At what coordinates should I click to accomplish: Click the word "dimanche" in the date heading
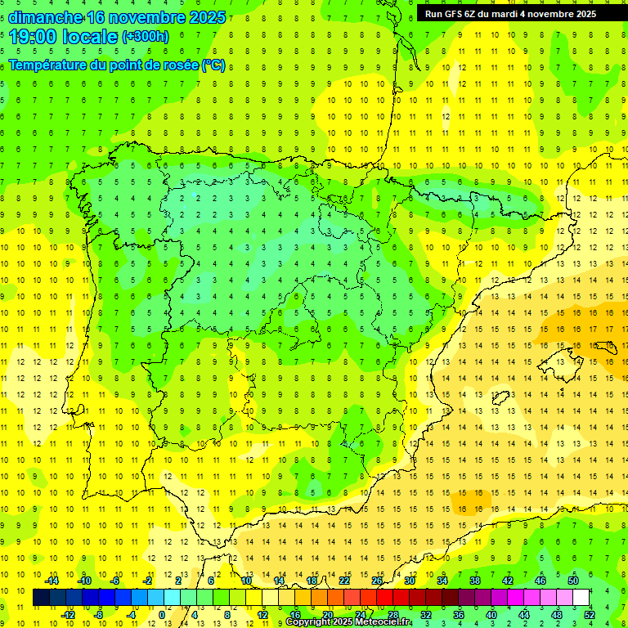(46, 17)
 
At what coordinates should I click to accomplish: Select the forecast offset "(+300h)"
(146, 37)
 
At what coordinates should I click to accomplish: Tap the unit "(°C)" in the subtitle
(213, 65)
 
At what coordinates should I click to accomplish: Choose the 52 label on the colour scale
(590, 615)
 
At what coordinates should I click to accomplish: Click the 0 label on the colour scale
(162, 615)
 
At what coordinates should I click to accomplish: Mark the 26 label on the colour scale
(377, 581)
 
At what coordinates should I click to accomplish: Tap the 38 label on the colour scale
(474, 581)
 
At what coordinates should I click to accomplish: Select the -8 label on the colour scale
(98, 615)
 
